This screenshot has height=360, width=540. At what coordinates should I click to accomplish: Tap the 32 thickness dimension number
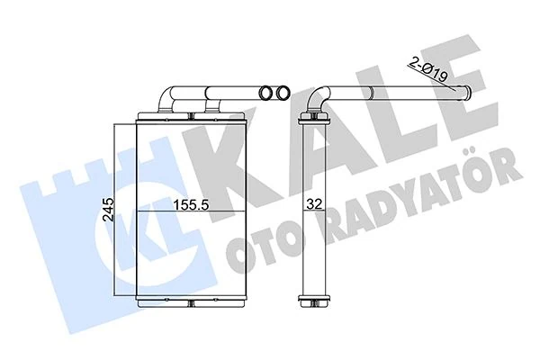(x=312, y=203)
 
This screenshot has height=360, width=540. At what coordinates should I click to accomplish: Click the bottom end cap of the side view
(x=311, y=301)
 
